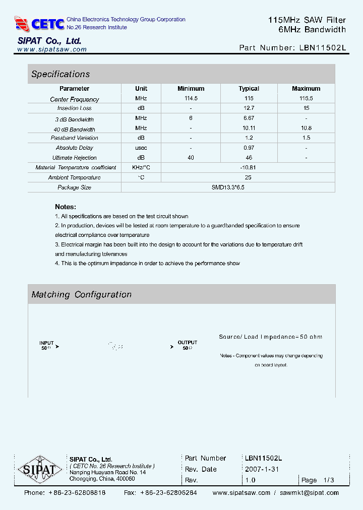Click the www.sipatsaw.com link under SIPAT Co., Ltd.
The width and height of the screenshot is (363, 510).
coord(52,49)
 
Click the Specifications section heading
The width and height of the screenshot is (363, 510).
coord(60,74)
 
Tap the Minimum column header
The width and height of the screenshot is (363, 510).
coord(191,89)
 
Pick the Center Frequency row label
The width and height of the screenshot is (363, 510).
coord(75,99)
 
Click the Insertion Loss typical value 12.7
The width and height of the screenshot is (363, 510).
coord(249,108)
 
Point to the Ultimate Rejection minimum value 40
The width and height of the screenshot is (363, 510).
coord(191,158)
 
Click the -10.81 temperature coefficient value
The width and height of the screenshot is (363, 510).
coord(249,167)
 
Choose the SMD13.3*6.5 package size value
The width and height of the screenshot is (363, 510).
coord(228,187)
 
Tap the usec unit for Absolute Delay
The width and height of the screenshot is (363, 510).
coord(141,148)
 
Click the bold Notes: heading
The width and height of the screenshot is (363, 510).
coord(66,207)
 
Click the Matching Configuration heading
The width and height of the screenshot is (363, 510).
coord(81,294)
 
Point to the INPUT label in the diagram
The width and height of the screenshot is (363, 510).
coord(46,343)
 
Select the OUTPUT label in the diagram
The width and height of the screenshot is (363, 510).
coord(187,343)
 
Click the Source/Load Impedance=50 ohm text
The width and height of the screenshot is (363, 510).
coord(270,337)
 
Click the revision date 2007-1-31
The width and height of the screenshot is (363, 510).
coord(262,469)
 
